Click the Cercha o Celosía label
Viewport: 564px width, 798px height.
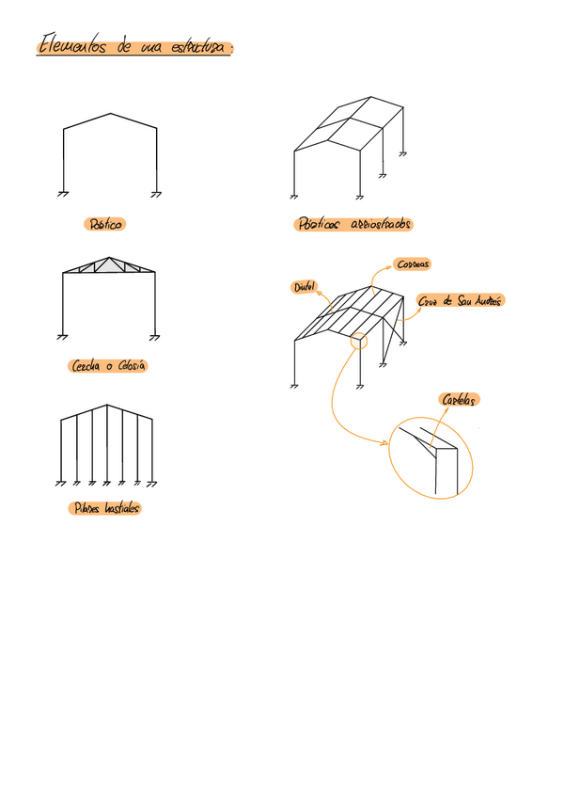[x=109, y=366]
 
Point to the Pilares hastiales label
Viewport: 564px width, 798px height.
[x=106, y=508]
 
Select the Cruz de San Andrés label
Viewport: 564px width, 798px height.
[x=461, y=301]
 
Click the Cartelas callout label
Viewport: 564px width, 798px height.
[x=461, y=400]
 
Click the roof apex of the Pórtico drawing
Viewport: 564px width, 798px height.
[x=110, y=115]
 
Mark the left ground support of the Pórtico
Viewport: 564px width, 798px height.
[x=63, y=194]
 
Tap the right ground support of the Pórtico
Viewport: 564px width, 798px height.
[x=156, y=194]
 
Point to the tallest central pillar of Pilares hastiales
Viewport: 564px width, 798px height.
[x=107, y=442]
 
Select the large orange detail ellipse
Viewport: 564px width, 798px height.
[x=431, y=459]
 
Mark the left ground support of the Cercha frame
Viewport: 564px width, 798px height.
[x=63, y=336]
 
